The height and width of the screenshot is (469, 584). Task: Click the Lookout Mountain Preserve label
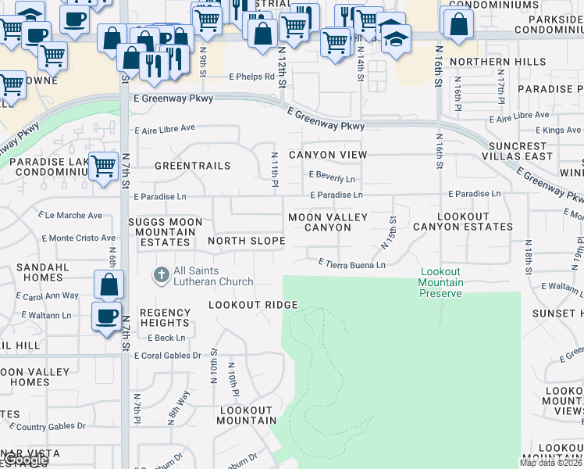[441, 282]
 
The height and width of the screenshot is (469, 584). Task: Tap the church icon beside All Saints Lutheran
[162, 274]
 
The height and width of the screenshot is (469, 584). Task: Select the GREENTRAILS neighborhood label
[193, 166]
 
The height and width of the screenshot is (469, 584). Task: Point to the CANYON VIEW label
[328, 155]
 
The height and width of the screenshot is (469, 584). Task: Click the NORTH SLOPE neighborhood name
[246, 241]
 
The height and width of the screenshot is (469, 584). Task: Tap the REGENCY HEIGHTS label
[165, 317]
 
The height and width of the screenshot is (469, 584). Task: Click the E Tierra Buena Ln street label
[352, 265]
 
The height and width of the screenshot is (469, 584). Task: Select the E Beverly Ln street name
[332, 177]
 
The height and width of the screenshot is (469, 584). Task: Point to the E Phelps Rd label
[252, 77]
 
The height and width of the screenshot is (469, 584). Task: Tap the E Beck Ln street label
[166, 338]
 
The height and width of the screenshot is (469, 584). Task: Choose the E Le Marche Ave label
[70, 215]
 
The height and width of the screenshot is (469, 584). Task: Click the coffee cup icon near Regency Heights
[106, 317]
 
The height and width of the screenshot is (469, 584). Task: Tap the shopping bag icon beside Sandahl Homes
[109, 285]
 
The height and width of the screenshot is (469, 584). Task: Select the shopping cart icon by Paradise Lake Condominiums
[103, 166]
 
